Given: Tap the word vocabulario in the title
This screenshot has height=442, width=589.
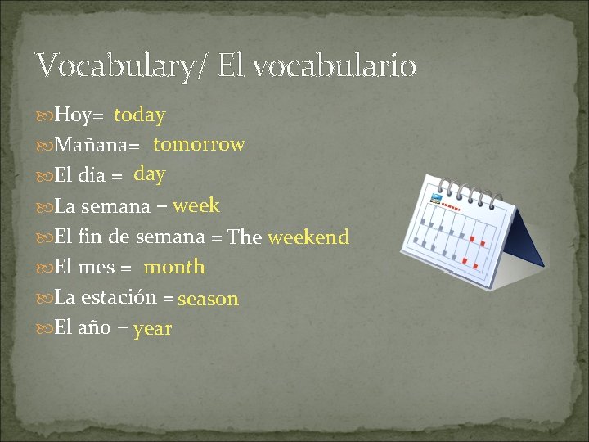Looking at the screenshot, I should (335, 65).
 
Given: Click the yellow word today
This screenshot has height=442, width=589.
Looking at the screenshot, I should (140, 115).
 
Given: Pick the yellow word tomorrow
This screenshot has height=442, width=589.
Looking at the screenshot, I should (199, 145).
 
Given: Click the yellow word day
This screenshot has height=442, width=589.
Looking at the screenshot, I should (150, 174).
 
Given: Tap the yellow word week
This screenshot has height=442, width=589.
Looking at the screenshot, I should (196, 205).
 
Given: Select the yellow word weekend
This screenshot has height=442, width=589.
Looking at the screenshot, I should (308, 237).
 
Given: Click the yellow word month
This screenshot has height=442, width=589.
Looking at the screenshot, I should (174, 267).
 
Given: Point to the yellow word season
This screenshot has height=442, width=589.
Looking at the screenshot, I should (208, 299).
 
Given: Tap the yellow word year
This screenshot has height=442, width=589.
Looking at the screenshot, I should (153, 329).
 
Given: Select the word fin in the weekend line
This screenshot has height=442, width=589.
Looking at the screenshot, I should (92, 237).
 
